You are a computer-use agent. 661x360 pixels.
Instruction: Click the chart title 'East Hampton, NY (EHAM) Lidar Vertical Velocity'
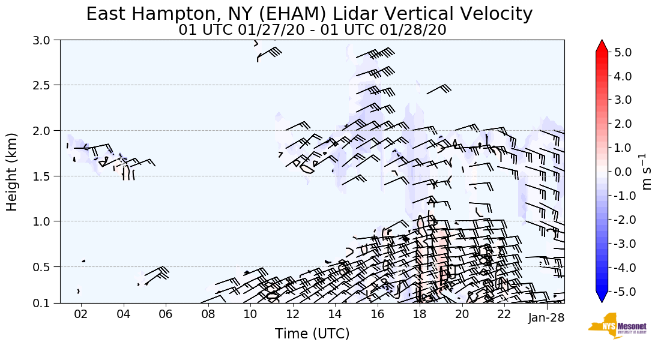[309, 14]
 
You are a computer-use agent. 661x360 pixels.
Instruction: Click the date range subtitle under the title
[312, 30]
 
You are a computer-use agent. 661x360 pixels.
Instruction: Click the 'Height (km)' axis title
[13, 172]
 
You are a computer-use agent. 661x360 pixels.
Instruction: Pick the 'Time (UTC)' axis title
[312, 334]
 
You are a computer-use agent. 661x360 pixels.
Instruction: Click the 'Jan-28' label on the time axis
[546, 318]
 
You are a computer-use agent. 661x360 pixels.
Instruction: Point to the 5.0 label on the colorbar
[623, 52]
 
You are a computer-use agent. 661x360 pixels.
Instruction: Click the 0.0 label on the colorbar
[623, 172]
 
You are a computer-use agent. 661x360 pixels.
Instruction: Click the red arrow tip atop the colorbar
[602, 46]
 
